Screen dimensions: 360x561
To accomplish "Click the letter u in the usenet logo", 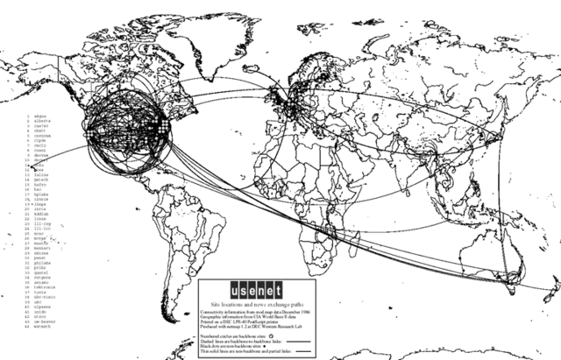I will click(208, 287).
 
